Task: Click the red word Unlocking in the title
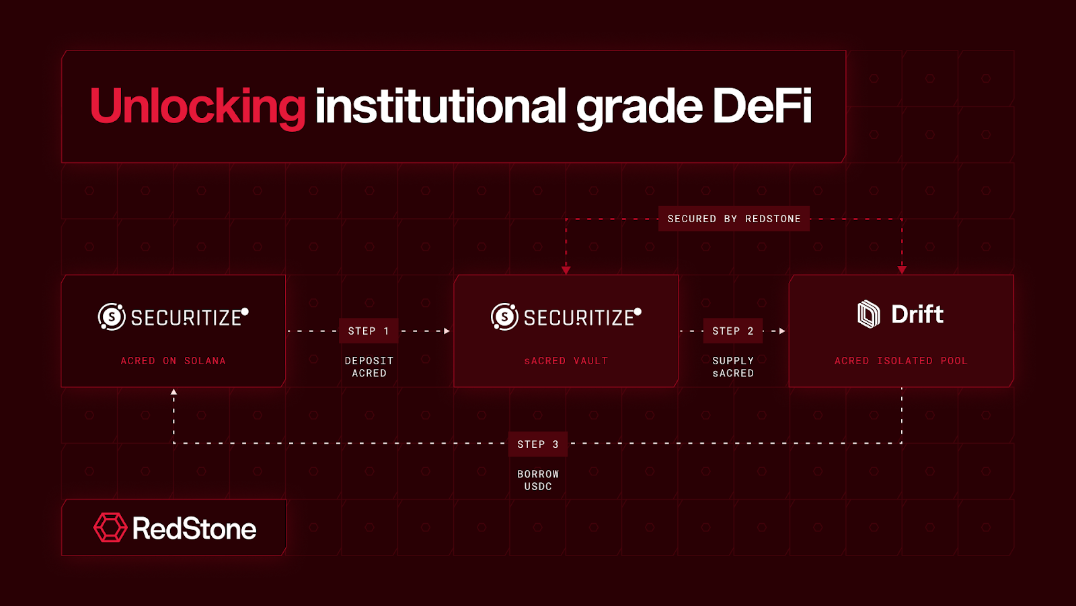(198, 107)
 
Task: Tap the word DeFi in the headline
(762, 105)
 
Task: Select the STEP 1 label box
(369, 331)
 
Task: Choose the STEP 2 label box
(732, 331)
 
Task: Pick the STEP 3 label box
(537, 444)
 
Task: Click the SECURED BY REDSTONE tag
(734, 219)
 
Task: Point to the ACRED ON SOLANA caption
(173, 361)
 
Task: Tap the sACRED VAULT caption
(566, 361)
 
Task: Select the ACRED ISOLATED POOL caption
(900, 361)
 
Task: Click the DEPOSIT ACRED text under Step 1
(369, 367)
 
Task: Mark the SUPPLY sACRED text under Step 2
(733, 367)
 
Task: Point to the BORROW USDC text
(538, 480)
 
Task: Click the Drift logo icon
(869, 314)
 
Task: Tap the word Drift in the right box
(917, 314)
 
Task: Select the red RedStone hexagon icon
(110, 528)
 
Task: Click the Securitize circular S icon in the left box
(112, 317)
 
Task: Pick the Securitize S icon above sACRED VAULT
(505, 317)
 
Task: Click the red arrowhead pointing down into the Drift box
(902, 270)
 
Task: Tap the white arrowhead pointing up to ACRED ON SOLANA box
(174, 392)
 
